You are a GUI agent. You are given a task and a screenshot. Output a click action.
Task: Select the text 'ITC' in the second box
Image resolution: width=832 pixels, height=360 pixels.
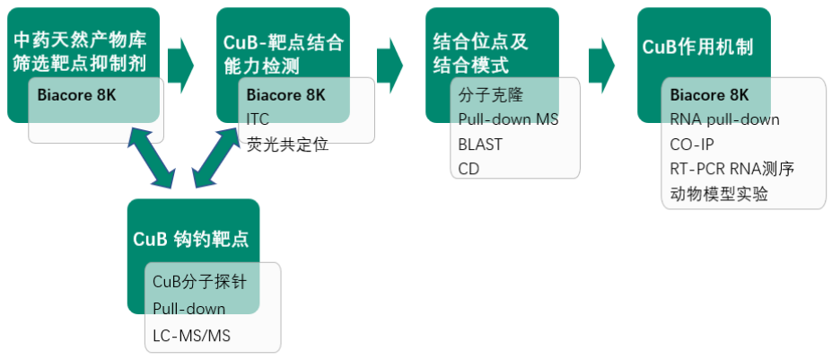click(x=258, y=119)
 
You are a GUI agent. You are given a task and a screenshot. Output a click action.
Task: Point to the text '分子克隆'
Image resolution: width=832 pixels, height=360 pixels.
click(x=490, y=94)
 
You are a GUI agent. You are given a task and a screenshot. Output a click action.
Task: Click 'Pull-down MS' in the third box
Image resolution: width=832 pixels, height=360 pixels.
click(x=508, y=119)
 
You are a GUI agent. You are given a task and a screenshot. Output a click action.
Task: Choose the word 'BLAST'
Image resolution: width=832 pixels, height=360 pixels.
click(x=480, y=144)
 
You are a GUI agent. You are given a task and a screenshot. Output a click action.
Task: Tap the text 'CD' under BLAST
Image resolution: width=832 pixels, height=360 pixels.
click(x=469, y=168)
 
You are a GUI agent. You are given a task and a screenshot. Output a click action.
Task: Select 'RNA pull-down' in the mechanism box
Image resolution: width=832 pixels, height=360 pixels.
click(x=724, y=119)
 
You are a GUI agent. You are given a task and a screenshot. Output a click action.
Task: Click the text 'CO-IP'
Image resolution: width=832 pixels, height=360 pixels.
click(x=693, y=144)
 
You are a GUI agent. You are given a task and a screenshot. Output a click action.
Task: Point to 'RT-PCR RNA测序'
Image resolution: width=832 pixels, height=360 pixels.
click(x=731, y=168)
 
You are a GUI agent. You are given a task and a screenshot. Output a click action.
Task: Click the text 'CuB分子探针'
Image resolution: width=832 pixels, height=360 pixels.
click(x=199, y=282)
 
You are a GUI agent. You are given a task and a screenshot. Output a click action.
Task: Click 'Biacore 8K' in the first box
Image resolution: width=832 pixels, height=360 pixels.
click(x=77, y=94)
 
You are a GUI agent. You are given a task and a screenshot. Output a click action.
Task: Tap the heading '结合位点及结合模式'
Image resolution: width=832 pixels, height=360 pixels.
click(x=475, y=54)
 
